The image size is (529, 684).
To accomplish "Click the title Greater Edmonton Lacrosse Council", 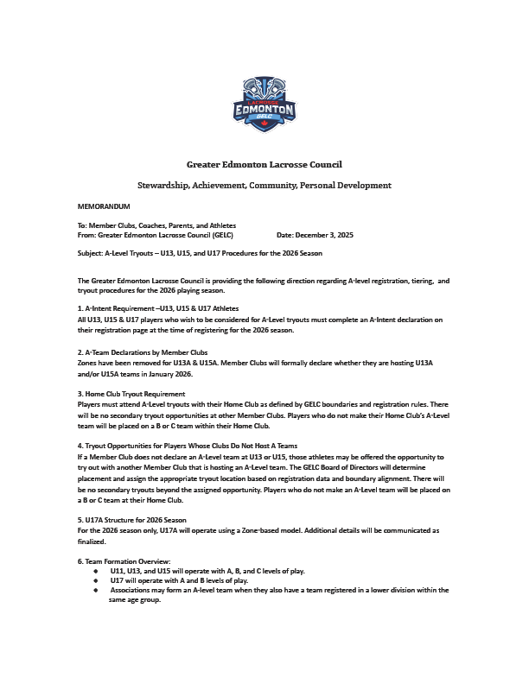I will (264, 164).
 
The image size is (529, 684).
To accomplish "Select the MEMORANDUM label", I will (104, 207).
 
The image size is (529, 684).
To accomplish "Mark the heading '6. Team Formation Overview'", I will (124, 562).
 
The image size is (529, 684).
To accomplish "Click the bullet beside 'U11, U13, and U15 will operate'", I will (95, 572).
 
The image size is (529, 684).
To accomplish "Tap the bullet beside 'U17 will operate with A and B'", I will (95, 581).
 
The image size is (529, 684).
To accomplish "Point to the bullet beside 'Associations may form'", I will (95, 591).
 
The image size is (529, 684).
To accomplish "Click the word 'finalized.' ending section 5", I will (92, 541).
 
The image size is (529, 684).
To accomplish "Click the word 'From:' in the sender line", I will (86, 235).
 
